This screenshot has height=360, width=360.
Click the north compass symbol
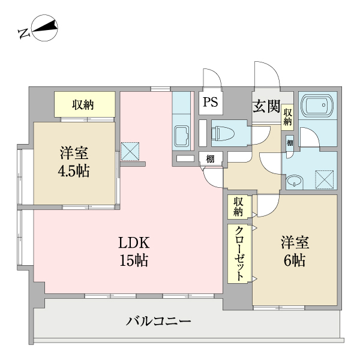(44, 28)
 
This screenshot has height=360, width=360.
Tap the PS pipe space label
(211, 102)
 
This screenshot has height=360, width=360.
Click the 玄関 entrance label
(266, 106)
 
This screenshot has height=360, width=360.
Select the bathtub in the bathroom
(317, 106)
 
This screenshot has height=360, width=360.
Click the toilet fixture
(223, 133)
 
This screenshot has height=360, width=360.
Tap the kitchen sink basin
(181, 136)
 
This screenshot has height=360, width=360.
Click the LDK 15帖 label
(134, 251)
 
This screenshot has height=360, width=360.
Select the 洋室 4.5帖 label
(74, 161)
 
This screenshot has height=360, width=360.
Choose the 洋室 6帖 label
(295, 251)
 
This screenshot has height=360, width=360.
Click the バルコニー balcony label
(158, 321)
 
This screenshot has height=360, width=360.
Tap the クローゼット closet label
(239, 253)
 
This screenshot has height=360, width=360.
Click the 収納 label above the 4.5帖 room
(83, 105)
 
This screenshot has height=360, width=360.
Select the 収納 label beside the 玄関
(287, 117)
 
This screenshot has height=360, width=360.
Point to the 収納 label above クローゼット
(238, 206)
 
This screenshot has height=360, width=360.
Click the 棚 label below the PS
(211, 159)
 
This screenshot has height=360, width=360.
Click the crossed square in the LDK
(130, 151)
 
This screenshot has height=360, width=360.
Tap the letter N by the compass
(25, 33)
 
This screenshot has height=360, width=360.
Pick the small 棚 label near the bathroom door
(290, 143)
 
